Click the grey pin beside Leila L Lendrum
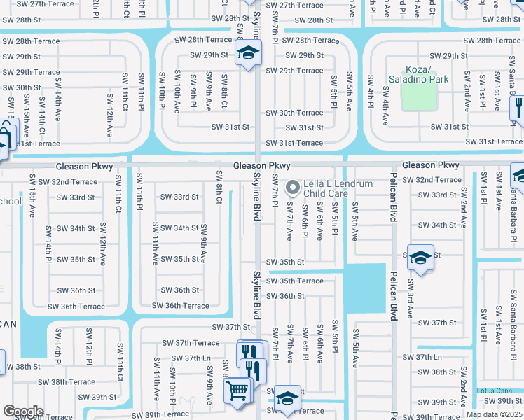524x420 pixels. tap(294, 188)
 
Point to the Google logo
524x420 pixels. tap(23, 412)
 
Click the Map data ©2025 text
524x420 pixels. tap(494, 414)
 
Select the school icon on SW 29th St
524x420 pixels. tap(247, 53)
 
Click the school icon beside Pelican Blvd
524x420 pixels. tap(420, 258)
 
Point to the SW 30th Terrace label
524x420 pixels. tap(294, 113)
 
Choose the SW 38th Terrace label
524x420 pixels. tap(66, 382)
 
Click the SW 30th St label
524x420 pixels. tap(22, 88)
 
